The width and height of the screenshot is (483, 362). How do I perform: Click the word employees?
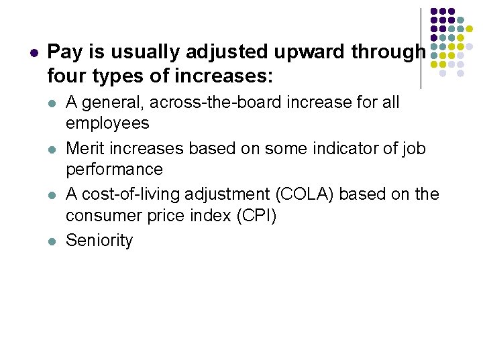[x=107, y=123]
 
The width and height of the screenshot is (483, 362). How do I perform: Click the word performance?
[x=114, y=169]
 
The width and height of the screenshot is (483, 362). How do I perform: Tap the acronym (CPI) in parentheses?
[x=254, y=216]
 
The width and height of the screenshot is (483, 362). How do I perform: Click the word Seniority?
[x=99, y=240]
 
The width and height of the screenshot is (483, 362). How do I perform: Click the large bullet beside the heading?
[x=33, y=52]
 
